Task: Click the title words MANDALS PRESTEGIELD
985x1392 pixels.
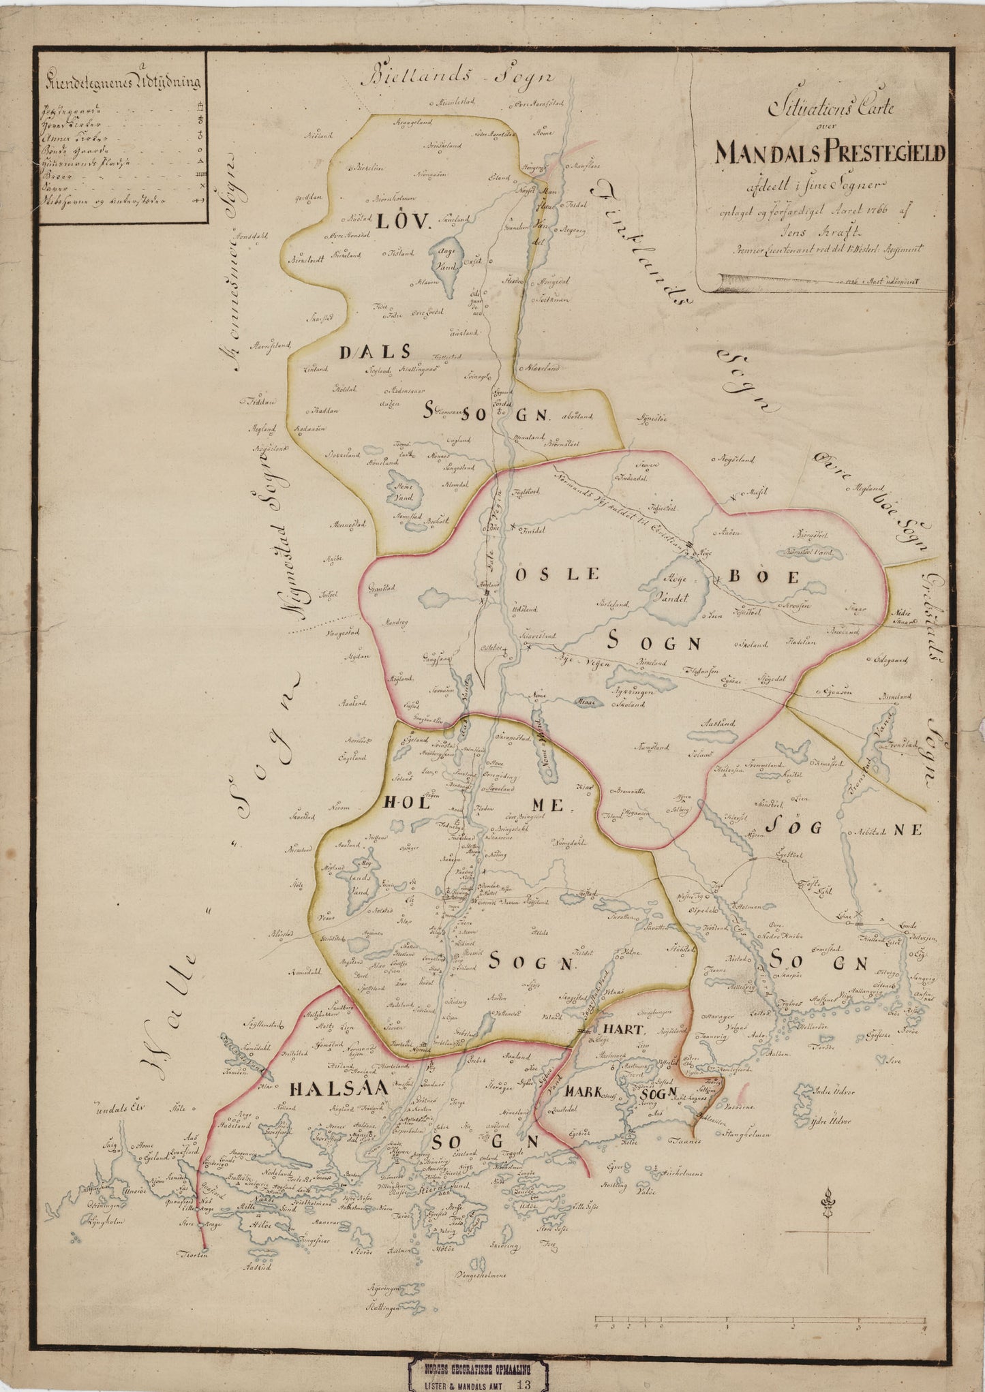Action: point(830,153)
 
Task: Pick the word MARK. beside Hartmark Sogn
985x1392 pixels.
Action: point(584,1092)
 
